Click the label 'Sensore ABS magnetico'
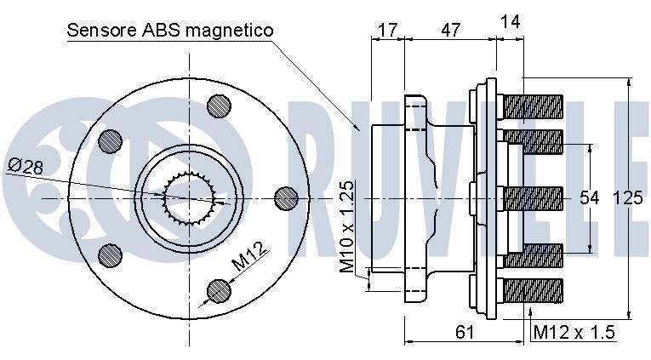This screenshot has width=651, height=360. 169,31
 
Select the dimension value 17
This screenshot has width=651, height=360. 387,31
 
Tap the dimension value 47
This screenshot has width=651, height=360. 450,31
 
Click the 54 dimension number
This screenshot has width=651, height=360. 590,198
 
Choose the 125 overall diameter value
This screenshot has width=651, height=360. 627,198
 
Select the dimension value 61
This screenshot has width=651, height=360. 464,331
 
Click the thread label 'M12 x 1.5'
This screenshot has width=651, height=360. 574,332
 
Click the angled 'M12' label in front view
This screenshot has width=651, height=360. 252,255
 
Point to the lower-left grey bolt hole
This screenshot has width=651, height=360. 111,254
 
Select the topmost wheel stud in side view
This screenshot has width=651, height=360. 533,106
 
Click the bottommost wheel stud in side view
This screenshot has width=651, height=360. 533,289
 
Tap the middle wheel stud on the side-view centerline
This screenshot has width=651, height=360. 533,198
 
